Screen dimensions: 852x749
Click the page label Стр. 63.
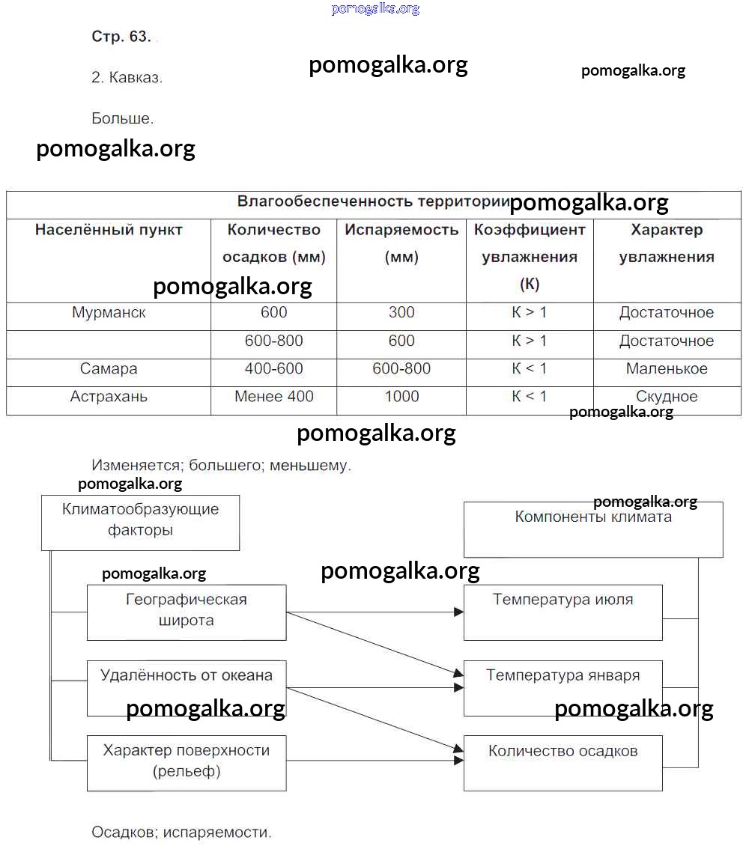(121, 37)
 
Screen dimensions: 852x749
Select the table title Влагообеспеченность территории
(373, 201)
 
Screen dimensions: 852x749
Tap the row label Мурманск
(109, 313)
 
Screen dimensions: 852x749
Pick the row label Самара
(109, 369)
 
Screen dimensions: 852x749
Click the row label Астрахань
(109, 397)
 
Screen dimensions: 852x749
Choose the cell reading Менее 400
(274, 397)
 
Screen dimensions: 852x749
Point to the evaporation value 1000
(401, 397)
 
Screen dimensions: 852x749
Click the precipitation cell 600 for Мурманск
(274, 313)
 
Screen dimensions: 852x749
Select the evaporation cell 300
(401, 313)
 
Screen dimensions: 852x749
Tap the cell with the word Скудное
(667, 397)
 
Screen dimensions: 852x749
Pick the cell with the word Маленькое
(667, 369)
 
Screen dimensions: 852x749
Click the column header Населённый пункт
(109, 230)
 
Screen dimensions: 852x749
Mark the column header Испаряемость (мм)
(401, 243)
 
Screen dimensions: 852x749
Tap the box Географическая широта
(187, 611)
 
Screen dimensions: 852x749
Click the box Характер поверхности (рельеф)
(187, 761)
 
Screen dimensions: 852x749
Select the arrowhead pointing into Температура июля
(458, 612)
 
